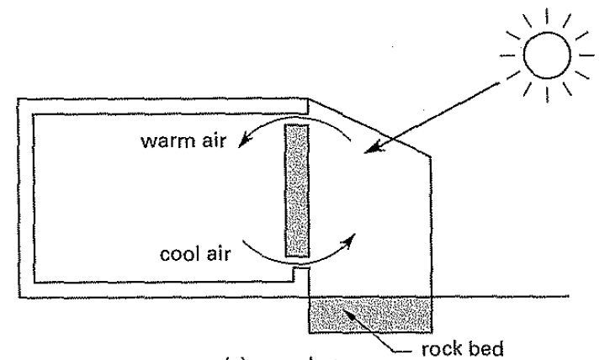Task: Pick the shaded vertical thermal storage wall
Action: pos(297,190)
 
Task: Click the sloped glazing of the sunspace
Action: pos(370,127)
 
